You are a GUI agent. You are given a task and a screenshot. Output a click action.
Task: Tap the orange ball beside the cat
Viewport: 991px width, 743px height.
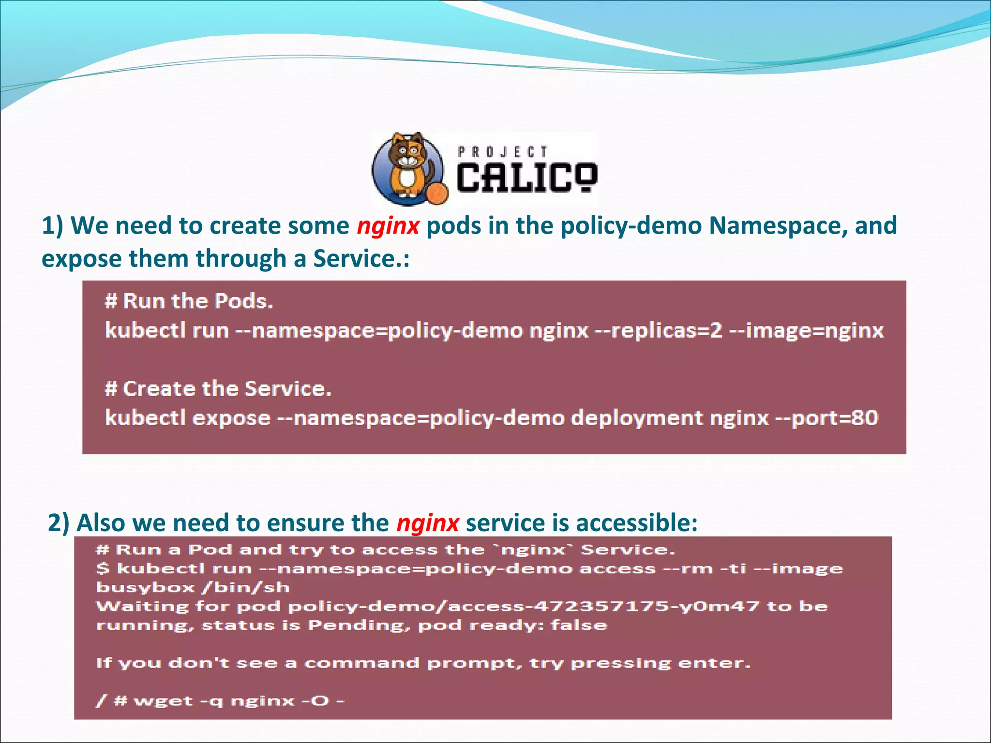pos(437,193)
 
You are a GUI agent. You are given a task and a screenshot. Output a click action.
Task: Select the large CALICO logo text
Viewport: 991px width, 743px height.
pos(527,178)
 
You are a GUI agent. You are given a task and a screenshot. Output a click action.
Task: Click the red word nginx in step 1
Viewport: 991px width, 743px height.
pos(388,226)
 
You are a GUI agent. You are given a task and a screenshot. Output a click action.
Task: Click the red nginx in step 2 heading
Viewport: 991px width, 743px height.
pos(427,523)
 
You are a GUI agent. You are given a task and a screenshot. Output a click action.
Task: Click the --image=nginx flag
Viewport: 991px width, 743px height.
pos(807,331)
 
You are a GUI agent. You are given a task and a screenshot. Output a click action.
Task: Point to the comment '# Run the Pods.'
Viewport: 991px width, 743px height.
pos(189,301)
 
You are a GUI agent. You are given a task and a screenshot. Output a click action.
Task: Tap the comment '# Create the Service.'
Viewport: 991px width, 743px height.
pos(218,389)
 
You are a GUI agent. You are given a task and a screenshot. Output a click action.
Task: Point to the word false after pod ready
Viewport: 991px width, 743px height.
pos(579,625)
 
